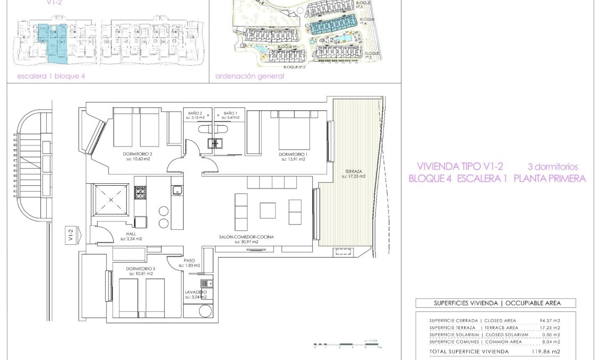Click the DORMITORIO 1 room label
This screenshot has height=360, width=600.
(x=293, y=154)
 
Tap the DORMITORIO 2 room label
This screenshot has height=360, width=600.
(x=130, y=154)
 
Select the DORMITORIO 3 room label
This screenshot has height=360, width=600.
(x=141, y=269)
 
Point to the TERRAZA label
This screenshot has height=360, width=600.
(x=353, y=172)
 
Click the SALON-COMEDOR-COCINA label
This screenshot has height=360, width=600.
(x=246, y=237)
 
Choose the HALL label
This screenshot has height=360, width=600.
(x=131, y=234)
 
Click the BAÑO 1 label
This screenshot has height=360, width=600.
(x=230, y=113)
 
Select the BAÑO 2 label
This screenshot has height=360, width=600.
(x=195, y=113)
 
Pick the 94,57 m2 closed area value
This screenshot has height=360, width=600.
(x=550, y=321)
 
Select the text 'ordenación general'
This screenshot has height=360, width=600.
(x=250, y=76)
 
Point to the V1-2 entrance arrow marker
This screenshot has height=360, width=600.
(x=71, y=234)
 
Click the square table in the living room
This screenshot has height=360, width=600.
(x=268, y=210)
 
